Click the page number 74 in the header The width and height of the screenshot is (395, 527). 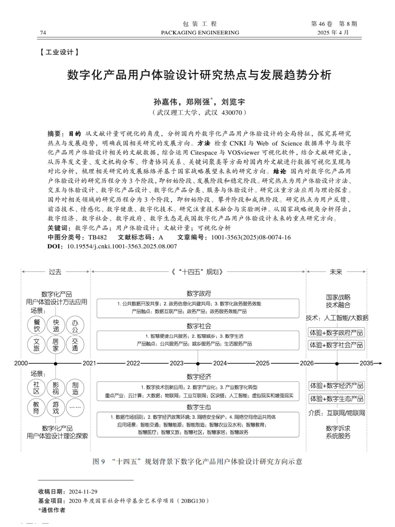[43, 33]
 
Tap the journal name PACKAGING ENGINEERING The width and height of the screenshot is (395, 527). [200, 33]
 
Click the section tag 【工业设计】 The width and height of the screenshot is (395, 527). [59, 52]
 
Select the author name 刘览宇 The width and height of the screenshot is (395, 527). [233, 101]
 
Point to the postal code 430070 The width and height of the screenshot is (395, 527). [232, 113]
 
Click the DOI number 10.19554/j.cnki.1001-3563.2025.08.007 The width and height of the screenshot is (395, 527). [122, 246]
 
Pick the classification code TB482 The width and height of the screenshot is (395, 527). [97, 237]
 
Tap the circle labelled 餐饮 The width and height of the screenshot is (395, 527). [37, 325]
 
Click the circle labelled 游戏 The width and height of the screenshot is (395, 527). [56, 408]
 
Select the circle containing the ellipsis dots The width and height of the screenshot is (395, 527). [75, 408]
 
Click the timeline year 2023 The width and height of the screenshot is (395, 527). [176, 363]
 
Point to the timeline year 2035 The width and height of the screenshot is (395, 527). [366, 363]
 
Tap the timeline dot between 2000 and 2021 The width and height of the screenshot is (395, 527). [56, 363]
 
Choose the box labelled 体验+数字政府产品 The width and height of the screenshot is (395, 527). [336, 333]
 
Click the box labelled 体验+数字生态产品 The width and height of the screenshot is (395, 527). [336, 399]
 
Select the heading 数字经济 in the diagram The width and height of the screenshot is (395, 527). [199, 377]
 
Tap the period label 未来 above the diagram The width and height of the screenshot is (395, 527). [336, 272]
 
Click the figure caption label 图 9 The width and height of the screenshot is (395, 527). [99, 462]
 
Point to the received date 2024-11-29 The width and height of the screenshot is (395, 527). [83, 492]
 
